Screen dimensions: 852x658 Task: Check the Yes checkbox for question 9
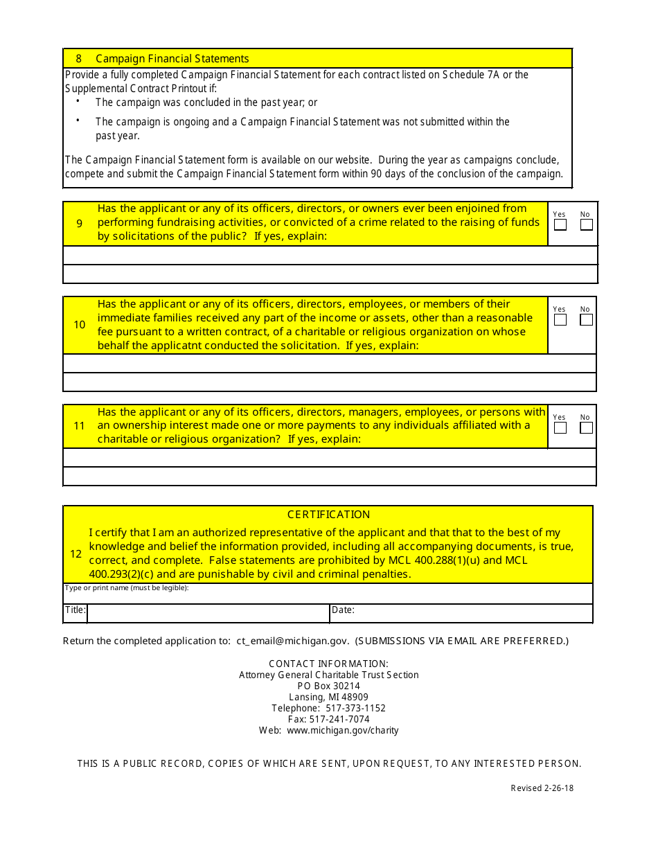pyautogui.click(x=560, y=225)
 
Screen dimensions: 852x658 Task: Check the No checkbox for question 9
pyautogui.click(x=587, y=225)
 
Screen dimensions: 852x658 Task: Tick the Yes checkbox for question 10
pyautogui.click(x=560, y=320)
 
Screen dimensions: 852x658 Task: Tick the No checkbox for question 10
pyautogui.click(x=587, y=320)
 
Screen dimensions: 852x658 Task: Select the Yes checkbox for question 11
pyautogui.click(x=560, y=428)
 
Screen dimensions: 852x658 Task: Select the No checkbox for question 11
pyautogui.click(x=587, y=428)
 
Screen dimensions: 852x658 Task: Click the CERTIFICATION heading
pyautogui.click(x=328, y=515)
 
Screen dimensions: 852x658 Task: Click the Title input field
pyautogui.click(x=208, y=614)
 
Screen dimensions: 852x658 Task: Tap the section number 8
pyautogui.click(x=78, y=59)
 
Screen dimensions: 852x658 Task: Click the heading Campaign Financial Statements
pyautogui.click(x=172, y=59)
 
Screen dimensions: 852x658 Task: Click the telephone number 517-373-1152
pyautogui.click(x=355, y=709)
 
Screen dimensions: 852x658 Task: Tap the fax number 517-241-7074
pyautogui.click(x=339, y=720)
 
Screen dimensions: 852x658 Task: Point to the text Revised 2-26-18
pyautogui.click(x=542, y=788)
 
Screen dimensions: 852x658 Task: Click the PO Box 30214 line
pyautogui.click(x=328, y=686)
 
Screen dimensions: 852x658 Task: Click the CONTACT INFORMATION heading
pyautogui.click(x=328, y=664)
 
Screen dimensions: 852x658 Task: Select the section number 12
pyautogui.click(x=76, y=554)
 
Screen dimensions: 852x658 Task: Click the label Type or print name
pyautogui.click(x=127, y=588)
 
